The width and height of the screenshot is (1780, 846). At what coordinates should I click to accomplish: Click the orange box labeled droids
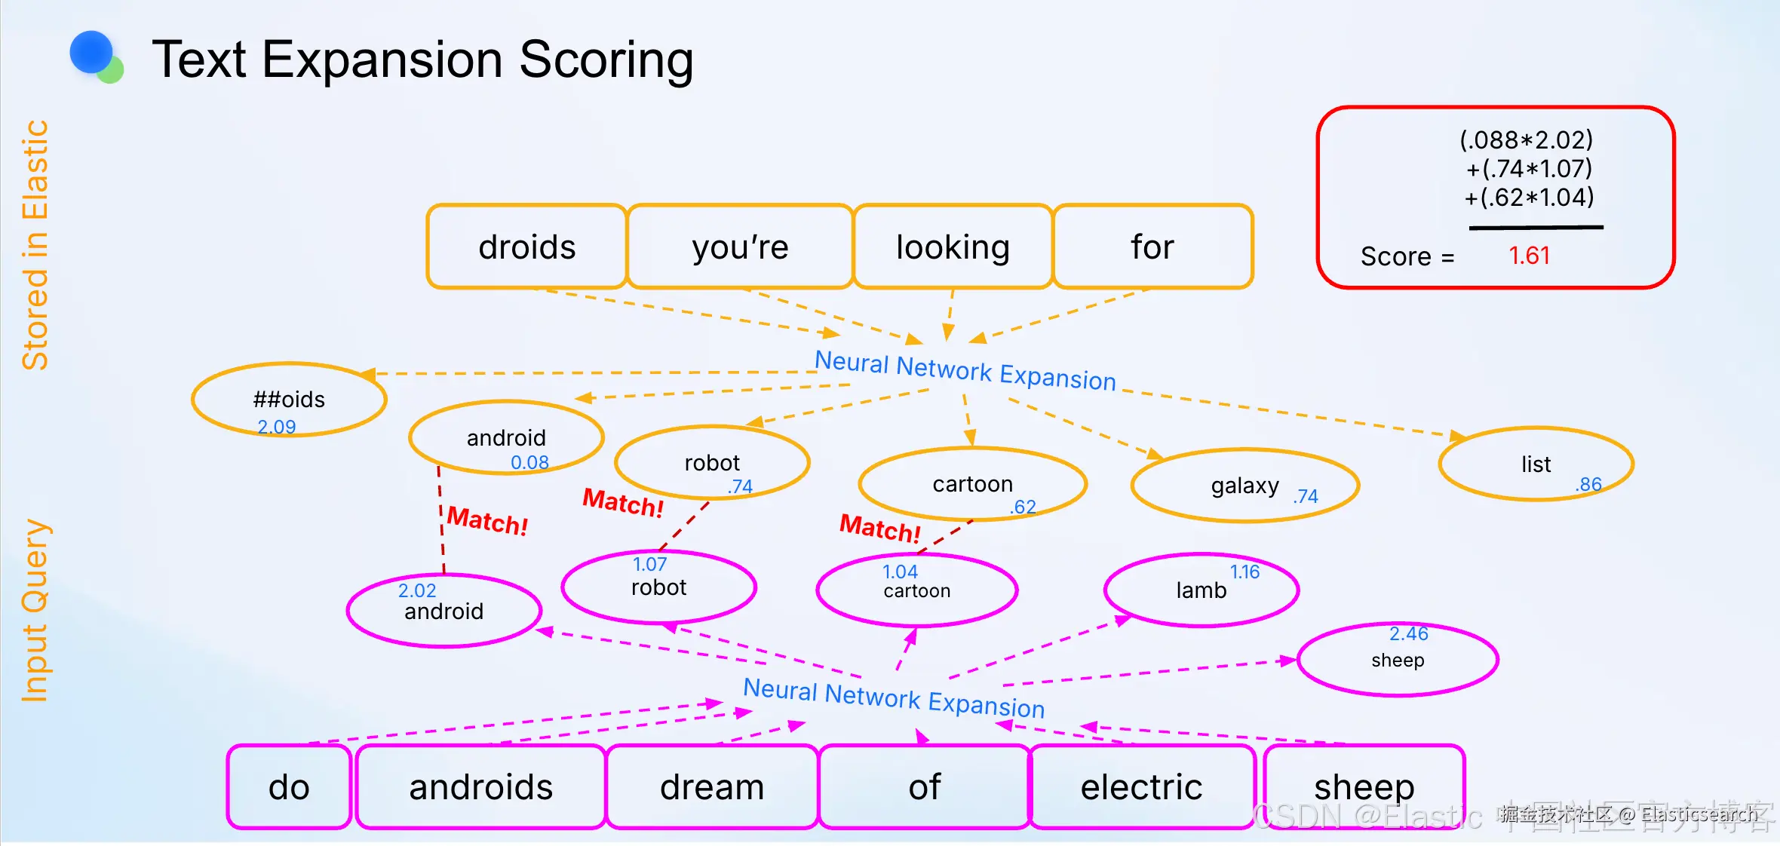(x=526, y=247)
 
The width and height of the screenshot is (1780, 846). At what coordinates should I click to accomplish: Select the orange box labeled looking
(x=953, y=247)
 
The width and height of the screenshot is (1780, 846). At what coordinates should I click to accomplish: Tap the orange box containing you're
(x=740, y=247)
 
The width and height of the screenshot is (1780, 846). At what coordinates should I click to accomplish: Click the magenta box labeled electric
(x=1141, y=787)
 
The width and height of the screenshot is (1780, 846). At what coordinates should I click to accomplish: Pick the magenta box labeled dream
(x=712, y=787)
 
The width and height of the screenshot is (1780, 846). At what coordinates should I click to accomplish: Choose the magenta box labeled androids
(x=480, y=787)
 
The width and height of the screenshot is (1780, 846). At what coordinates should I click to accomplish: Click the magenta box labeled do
(x=289, y=787)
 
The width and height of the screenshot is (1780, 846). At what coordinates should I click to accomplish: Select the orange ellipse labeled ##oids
(x=289, y=400)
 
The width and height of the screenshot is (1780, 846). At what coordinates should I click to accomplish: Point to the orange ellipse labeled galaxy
(x=1244, y=486)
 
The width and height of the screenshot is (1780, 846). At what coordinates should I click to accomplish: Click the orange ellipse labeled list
(x=1536, y=464)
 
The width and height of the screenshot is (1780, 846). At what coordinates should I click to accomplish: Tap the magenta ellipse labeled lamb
(x=1201, y=590)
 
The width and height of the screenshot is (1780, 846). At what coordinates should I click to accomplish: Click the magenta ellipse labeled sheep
(x=1397, y=660)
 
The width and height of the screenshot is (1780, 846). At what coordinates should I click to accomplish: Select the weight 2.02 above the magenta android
(x=417, y=590)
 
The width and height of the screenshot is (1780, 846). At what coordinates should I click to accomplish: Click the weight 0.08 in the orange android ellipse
(x=529, y=462)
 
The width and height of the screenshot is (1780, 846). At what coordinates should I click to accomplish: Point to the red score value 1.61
(x=1529, y=256)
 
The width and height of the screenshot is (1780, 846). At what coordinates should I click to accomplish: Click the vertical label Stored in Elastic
(x=35, y=245)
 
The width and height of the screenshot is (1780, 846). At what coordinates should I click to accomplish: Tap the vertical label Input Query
(x=35, y=611)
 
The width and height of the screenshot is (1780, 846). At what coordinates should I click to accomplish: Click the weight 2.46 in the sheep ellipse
(x=1408, y=633)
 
